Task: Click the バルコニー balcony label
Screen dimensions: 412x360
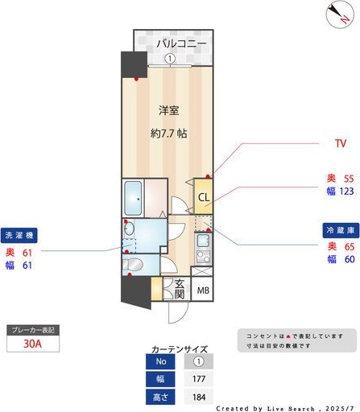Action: tap(182, 43)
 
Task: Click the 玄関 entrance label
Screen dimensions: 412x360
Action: tap(180, 290)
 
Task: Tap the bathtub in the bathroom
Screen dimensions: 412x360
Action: tap(132, 197)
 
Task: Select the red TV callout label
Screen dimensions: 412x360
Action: tap(340, 144)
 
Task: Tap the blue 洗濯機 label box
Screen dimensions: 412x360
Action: tap(19, 237)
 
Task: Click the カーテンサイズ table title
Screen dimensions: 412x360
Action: tap(179, 350)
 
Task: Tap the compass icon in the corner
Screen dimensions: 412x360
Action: tap(338, 13)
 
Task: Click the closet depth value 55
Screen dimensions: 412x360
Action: tap(348, 179)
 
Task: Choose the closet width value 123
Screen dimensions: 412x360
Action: tap(346, 192)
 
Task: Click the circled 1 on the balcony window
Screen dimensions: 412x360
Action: tap(170, 58)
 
